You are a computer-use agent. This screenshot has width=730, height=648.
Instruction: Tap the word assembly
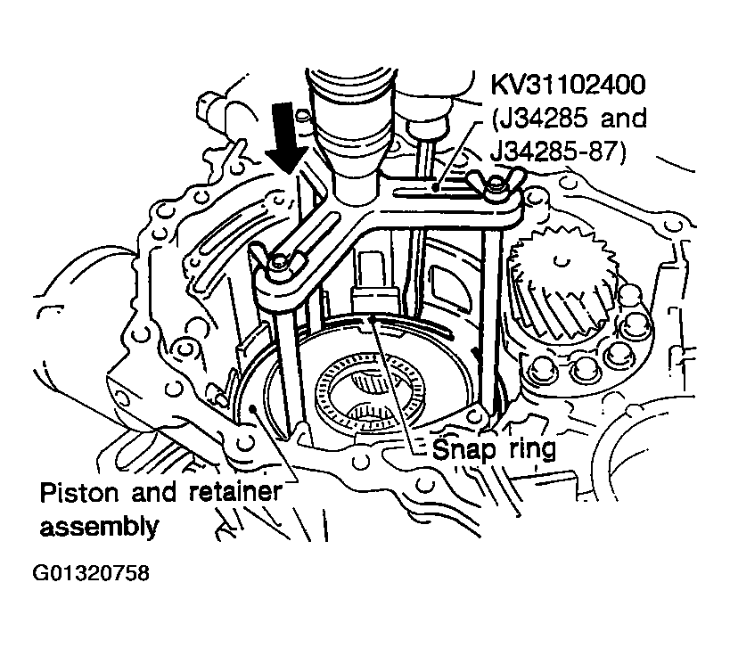point(99,526)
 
